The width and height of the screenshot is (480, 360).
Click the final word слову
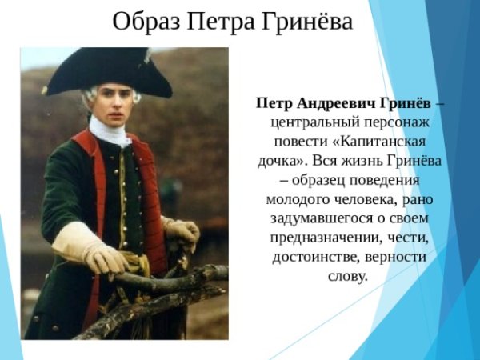coord(348,277)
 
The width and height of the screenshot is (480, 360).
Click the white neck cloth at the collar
coord(109,130)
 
